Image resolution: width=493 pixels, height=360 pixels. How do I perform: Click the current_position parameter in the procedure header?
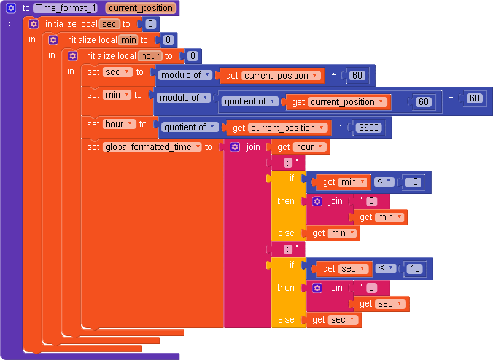(x=141, y=8)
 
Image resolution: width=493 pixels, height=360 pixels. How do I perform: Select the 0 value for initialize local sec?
(x=150, y=24)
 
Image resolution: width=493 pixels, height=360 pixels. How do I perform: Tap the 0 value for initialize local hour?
(x=193, y=56)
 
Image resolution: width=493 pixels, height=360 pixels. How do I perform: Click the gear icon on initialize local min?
(x=53, y=40)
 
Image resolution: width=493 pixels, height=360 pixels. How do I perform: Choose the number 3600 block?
(x=369, y=127)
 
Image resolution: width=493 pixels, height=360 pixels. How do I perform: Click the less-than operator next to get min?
(x=384, y=181)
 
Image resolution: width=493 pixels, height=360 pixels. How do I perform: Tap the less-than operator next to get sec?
(x=386, y=268)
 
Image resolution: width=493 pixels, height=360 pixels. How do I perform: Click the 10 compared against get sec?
(x=415, y=268)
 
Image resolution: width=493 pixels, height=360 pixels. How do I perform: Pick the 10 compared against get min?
(x=413, y=182)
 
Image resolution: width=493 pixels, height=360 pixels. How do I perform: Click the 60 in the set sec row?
(x=357, y=75)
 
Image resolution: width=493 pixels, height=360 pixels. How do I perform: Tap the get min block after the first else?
(x=333, y=233)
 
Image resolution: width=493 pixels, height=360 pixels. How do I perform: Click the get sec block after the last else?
(x=334, y=319)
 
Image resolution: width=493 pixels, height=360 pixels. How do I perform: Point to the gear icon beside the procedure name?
(x=11, y=8)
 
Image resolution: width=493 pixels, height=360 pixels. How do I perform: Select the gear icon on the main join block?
(x=235, y=147)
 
